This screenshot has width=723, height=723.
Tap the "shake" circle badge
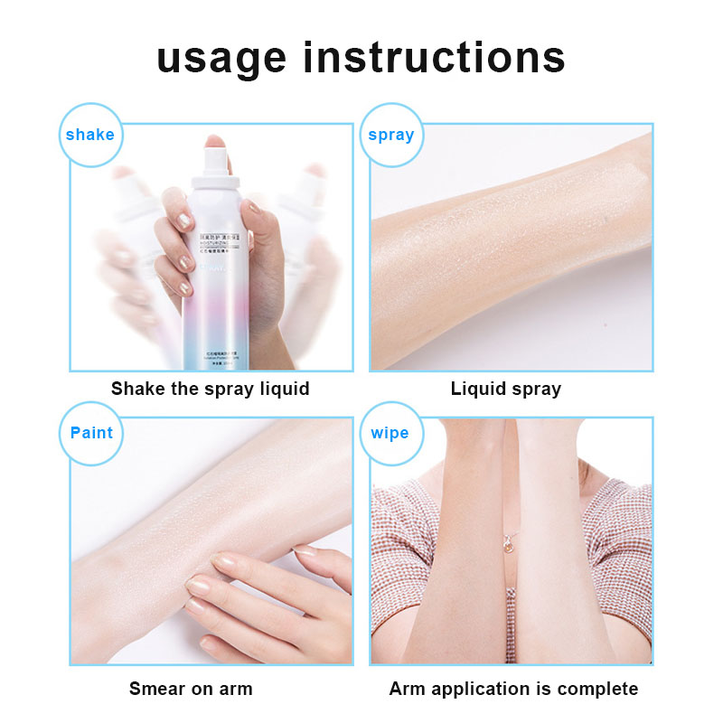[89, 135]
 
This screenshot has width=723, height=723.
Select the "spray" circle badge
[390, 135]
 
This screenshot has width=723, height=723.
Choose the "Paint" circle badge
[91, 433]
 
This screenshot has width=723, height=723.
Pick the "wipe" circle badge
[390, 433]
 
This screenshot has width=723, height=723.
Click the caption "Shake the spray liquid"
[210, 389]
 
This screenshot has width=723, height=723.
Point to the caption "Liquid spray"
[506, 389]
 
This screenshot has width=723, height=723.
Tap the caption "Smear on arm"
[191, 689]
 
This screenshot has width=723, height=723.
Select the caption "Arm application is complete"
[513, 689]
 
